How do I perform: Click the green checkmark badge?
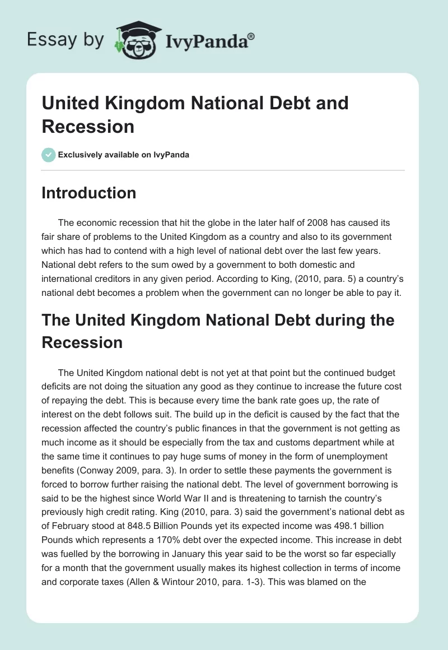pos(49,155)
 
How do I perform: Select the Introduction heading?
pos(89,193)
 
